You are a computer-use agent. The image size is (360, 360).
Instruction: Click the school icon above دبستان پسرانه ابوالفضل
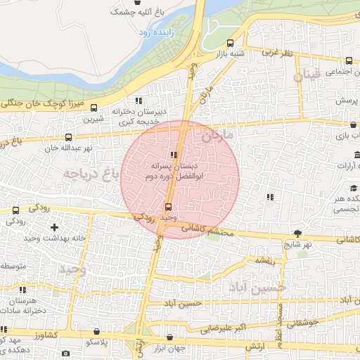pos(173,155)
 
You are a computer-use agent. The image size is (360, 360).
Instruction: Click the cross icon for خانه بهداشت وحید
pos(55,227)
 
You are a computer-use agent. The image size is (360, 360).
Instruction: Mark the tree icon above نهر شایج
pos(299,233)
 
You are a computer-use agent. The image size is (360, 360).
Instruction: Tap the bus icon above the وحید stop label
pos(167,207)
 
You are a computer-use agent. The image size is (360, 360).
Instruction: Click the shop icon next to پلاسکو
pos(96,330)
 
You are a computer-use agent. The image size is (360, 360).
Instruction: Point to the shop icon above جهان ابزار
pos(167,337)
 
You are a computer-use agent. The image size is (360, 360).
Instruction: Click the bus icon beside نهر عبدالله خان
pos(68,138)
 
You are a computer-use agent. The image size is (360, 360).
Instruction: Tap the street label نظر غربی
pos(276,53)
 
